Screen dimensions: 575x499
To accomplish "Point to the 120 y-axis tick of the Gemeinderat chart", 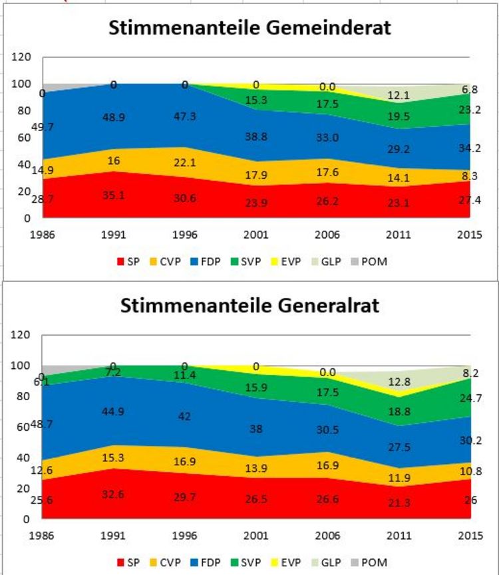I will click(x=22, y=57).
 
